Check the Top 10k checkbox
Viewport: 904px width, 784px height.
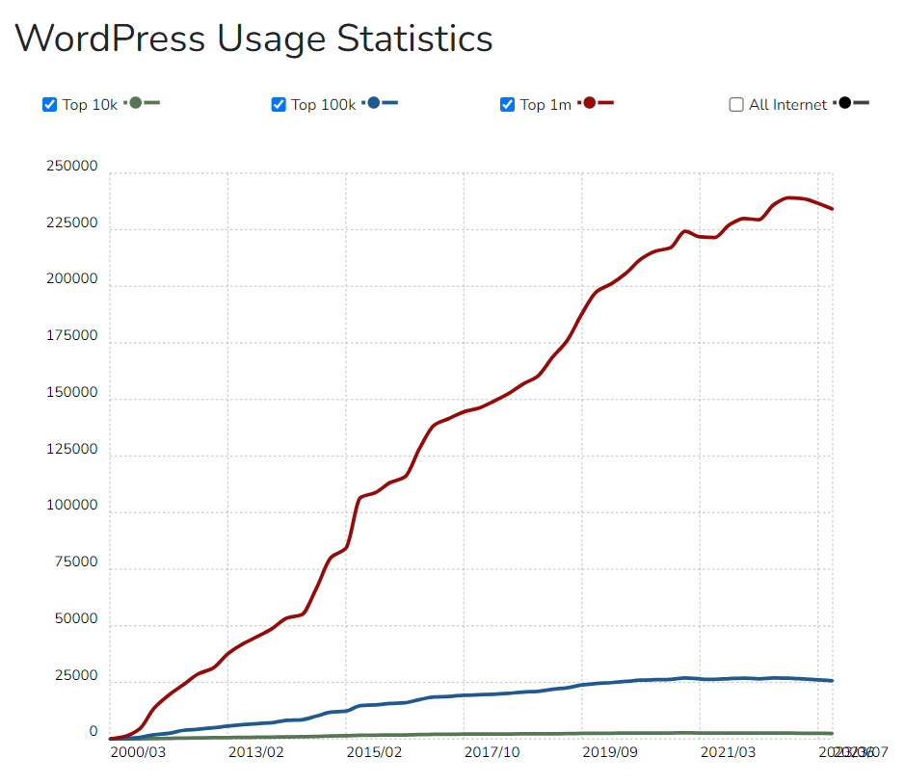click(50, 105)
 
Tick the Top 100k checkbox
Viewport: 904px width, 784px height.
click(279, 105)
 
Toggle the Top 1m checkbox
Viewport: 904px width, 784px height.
click(508, 105)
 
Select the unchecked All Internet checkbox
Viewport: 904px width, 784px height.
click(737, 105)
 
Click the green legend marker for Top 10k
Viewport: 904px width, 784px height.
click(136, 103)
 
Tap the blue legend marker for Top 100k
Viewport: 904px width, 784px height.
click(375, 103)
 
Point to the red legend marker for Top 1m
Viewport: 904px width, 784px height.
click(590, 103)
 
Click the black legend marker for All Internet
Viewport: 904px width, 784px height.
click(845, 103)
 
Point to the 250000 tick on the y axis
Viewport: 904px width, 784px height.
click(72, 167)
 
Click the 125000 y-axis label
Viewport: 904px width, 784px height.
click(72, 449)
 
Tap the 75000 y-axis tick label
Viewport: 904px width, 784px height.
click(76, 562)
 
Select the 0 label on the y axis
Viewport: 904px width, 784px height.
click(93, 732)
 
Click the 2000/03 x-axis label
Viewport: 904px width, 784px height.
click(138, 751)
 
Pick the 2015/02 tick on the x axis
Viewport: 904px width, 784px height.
click(374, 751)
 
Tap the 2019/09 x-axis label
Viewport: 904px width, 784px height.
click(610, 751)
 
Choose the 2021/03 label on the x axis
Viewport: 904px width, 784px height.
click(728, 751)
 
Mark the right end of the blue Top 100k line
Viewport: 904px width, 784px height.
click(832, 681)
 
